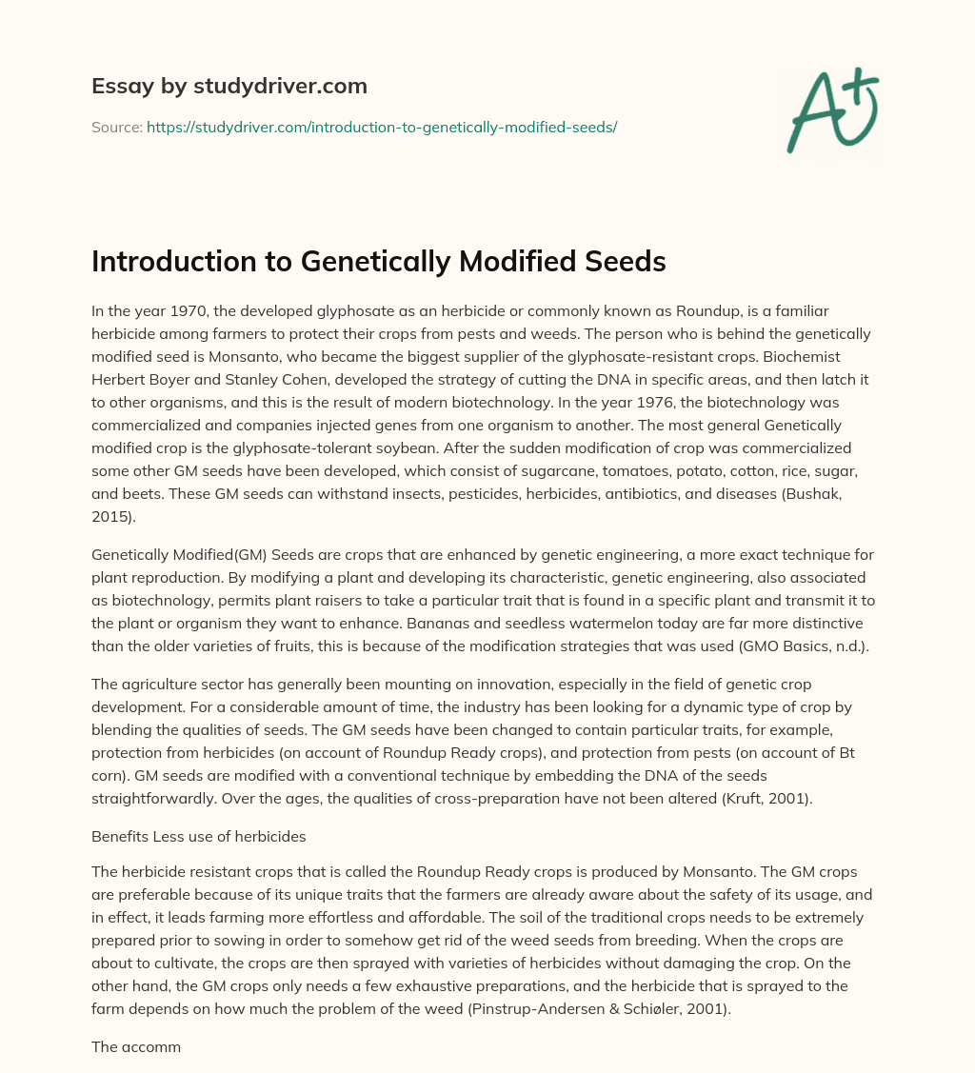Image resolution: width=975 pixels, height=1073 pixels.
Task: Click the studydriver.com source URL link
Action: tap(382, 127)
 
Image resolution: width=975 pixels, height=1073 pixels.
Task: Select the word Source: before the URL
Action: tap(117, 127)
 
